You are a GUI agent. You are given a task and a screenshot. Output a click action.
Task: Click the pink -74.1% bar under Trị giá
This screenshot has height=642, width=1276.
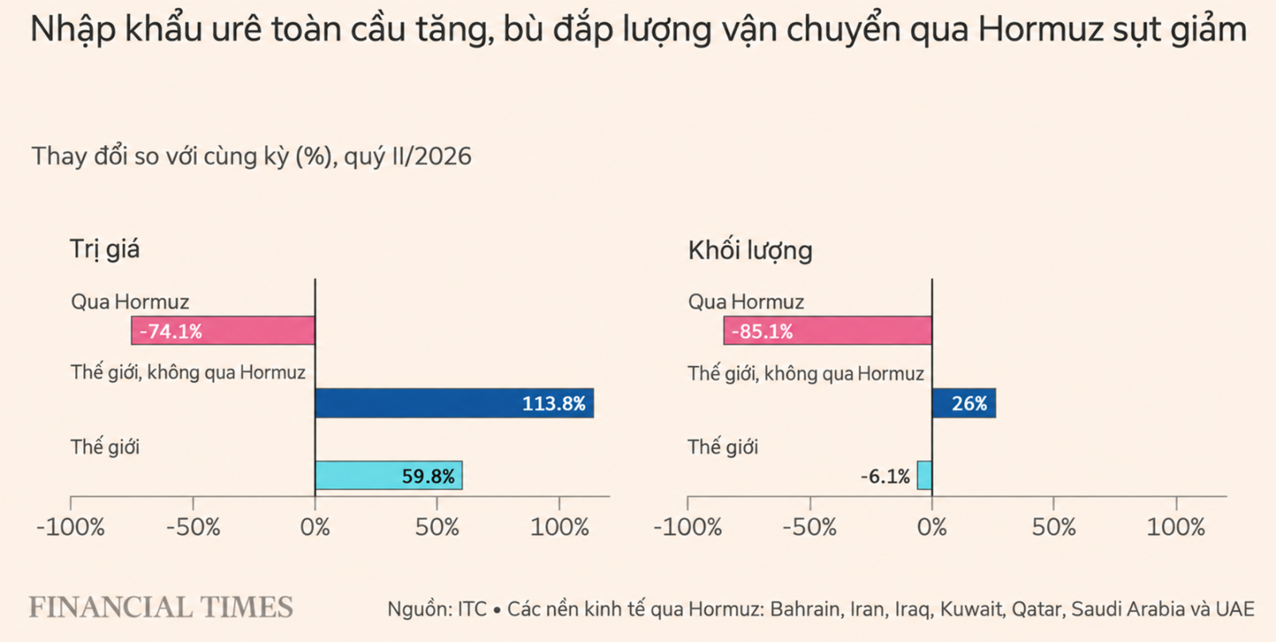(x=223, y=331)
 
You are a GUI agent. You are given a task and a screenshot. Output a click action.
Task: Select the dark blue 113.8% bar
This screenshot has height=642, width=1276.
(x=455, y=404)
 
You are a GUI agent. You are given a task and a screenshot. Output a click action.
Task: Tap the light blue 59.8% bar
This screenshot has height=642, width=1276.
(x=389, y=475)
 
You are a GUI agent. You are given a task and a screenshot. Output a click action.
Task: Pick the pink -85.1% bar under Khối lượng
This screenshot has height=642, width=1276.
(x=828, y=331)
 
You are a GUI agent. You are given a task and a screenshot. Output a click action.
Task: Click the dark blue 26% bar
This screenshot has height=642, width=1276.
(x=964, y=404)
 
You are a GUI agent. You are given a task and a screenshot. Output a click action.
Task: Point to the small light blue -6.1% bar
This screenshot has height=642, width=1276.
(x=925, y=475)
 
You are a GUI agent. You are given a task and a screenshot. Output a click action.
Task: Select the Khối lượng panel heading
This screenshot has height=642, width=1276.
(x=750, y=250)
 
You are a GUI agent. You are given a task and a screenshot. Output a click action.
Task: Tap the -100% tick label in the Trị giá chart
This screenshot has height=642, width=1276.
(x=71, y=527)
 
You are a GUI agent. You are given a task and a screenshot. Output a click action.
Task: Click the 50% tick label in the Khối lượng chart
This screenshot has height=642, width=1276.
(x=1053, y=527)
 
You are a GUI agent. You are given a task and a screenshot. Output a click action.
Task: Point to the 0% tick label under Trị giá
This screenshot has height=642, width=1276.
(x=315, y=527)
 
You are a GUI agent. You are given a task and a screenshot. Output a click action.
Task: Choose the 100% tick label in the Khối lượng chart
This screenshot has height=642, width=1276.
(x=1176, y=527)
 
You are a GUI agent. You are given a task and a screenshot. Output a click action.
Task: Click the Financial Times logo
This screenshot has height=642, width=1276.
(x=161, y=607)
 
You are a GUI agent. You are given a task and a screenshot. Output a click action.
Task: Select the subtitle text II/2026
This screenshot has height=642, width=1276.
(x=431, y=156)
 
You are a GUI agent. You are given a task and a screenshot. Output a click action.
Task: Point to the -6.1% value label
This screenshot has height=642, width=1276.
(x=885, y=476)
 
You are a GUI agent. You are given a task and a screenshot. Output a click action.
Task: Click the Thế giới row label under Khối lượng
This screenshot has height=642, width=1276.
(x=723, y=447)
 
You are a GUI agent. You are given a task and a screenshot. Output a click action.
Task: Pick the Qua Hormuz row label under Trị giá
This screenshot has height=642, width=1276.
(x=130, y=302)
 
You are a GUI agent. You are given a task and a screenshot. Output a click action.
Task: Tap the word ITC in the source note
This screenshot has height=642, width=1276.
(x=472, y=609)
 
